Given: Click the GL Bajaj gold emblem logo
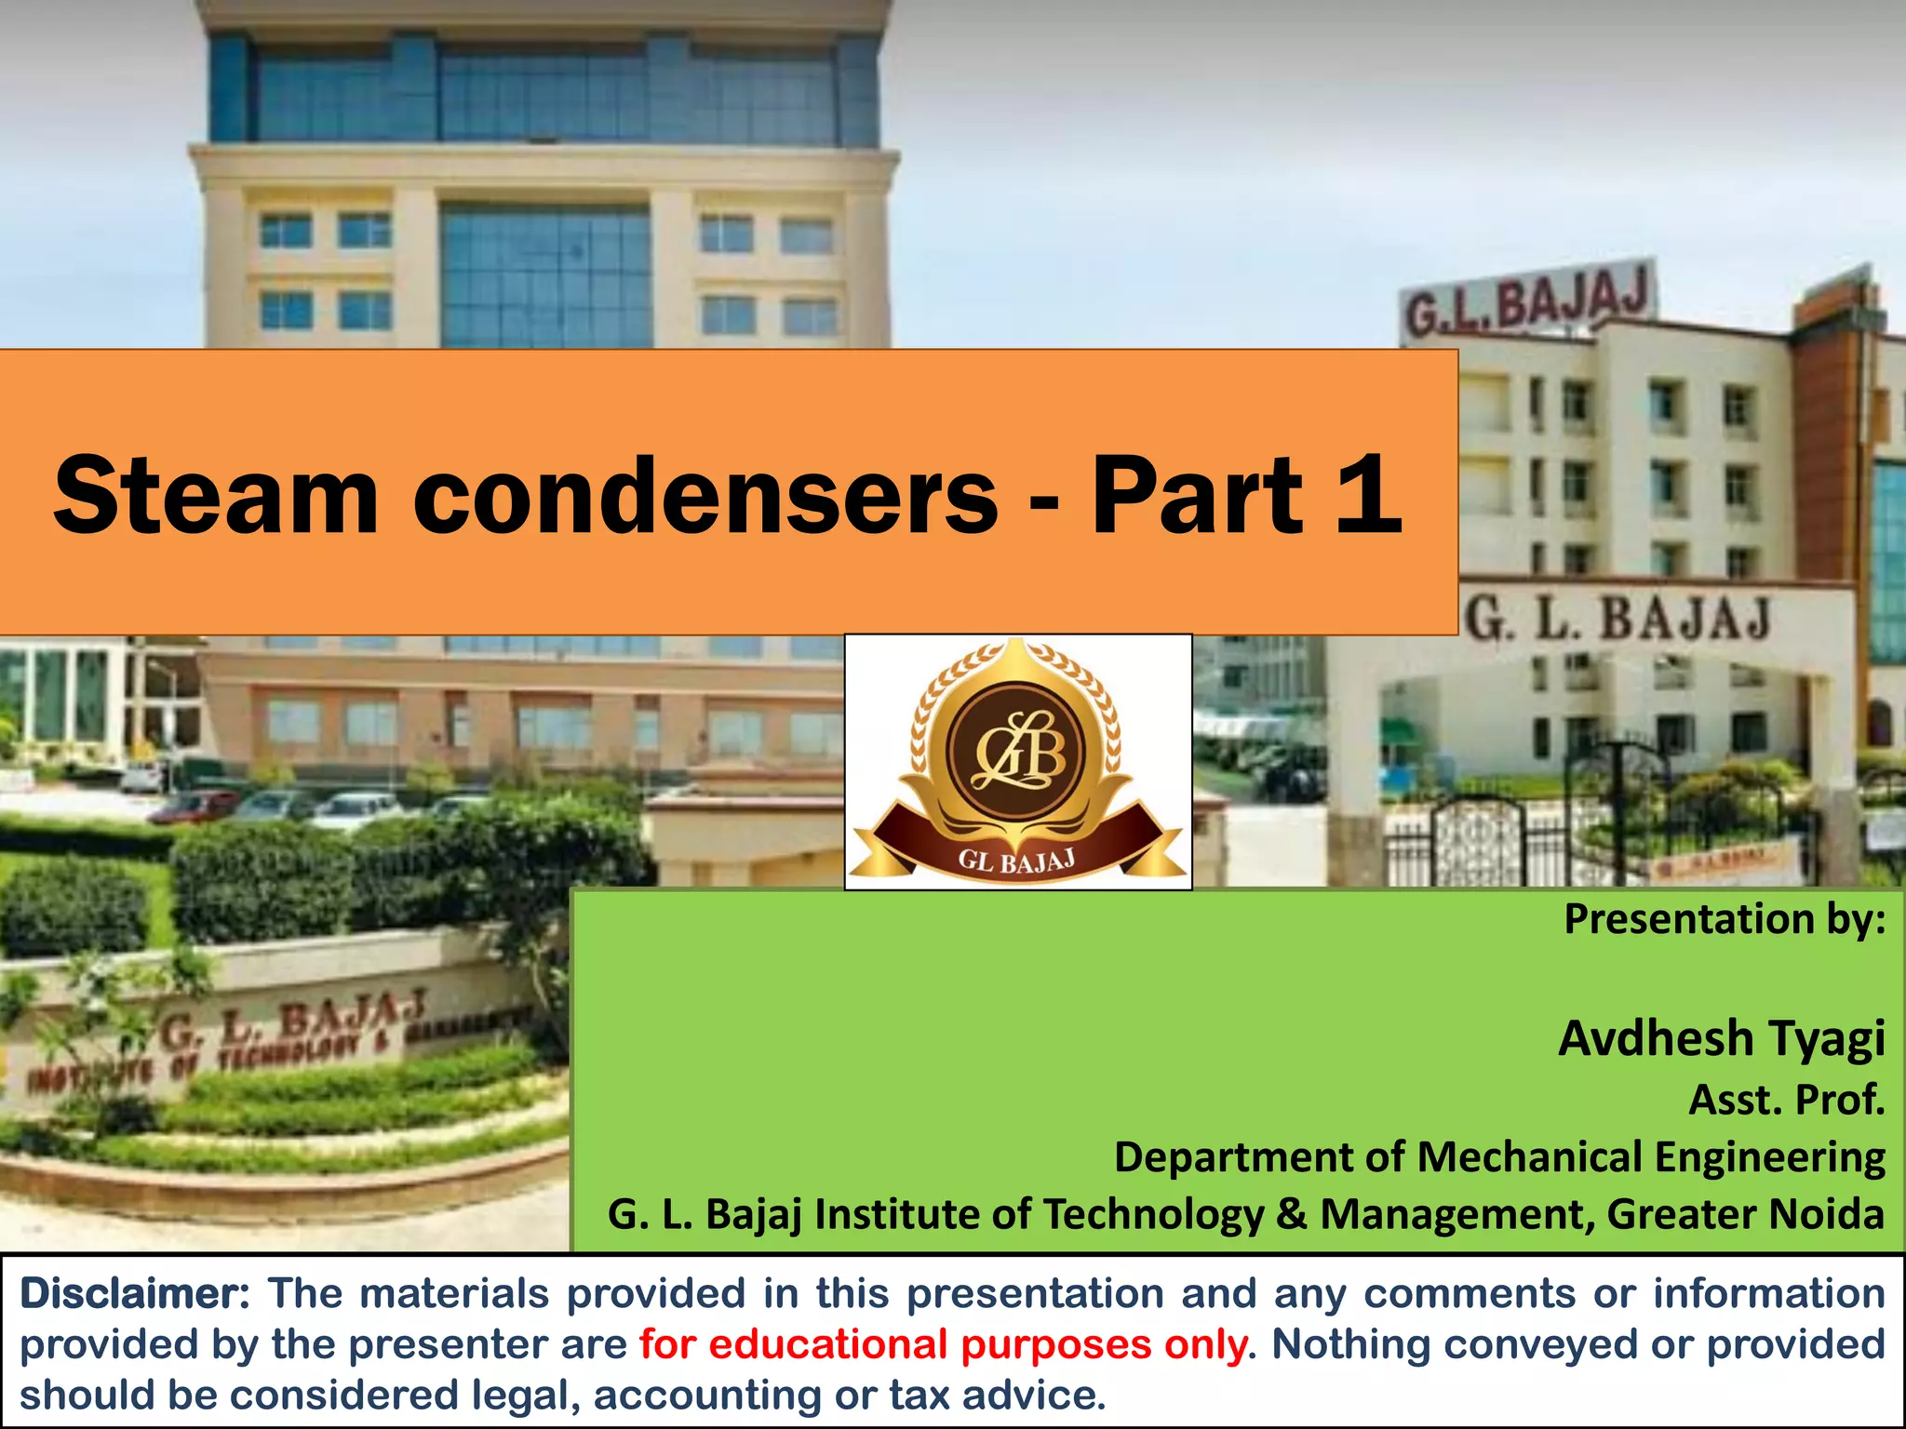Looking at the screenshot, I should (x=1017, y=761).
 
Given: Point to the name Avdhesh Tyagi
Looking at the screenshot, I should (x=1722, y=1038).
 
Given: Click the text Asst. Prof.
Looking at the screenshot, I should (x=1786, y=1100).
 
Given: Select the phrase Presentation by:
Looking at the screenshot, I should (x=1725, y=919).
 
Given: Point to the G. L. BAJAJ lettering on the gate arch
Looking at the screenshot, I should (x=1617, y=619).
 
